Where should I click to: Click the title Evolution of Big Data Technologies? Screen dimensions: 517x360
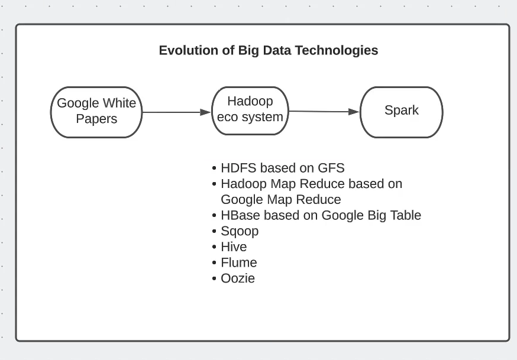[269, 50]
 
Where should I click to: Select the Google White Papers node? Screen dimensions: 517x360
[96, 112]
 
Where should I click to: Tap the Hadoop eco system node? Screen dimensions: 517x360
[250, 111]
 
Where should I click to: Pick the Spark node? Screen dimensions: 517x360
[401, 112]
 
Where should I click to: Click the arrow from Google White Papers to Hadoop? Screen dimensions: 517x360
[176, 112]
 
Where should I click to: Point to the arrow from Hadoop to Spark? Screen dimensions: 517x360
[324, 112]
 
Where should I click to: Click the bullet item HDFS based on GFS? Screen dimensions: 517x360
[283, 168]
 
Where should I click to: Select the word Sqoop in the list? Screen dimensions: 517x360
[240, 231]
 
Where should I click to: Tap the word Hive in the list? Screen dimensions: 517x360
[234, 247]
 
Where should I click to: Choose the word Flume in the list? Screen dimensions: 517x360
[239, 262]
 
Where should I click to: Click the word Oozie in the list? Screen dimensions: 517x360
[238, 278]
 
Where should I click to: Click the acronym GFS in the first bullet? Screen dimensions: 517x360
[331, 168]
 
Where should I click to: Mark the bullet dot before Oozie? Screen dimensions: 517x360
[214, 278]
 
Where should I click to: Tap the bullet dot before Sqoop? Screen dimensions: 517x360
[214, 231]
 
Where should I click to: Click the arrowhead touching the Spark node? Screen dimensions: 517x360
[354, 112]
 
